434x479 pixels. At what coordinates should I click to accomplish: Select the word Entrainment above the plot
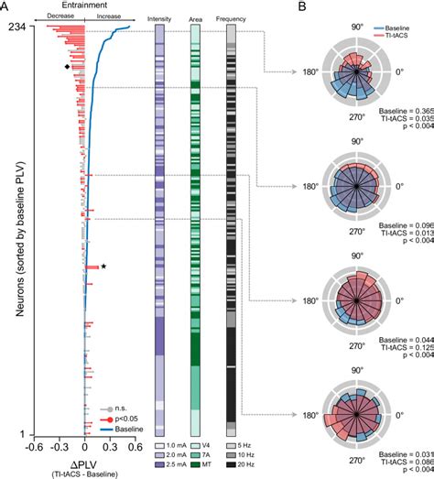click(x=83, y=6)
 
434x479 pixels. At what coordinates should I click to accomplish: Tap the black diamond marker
click(x=67, y=66)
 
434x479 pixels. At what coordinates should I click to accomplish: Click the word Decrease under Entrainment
click(x=60, y=17)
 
